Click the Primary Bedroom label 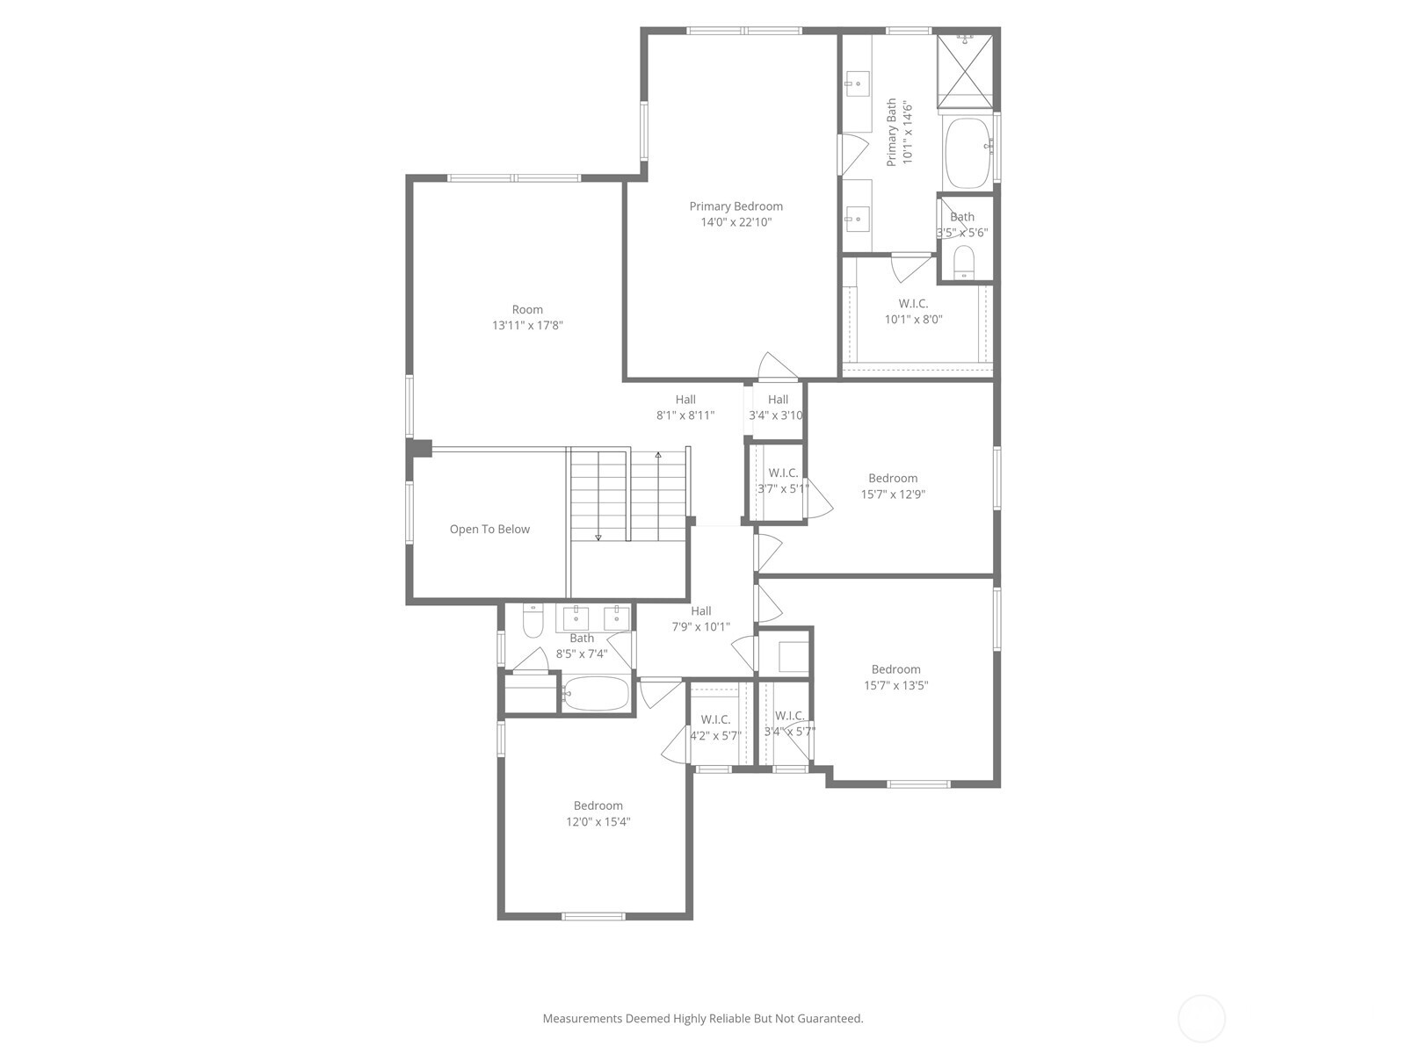(736, 206)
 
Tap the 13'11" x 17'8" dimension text (527, 325)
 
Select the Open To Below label (489, 529)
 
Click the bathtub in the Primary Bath (968, 154)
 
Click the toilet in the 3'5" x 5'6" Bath (964, 262)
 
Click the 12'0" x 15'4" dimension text (598, 822)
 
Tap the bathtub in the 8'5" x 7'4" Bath (596, 694)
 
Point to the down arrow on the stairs (598, 536)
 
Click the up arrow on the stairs (658, 455)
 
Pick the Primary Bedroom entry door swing (773, 366)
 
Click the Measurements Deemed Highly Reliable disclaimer (702, 1019)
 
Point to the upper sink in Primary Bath (853, 85)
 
